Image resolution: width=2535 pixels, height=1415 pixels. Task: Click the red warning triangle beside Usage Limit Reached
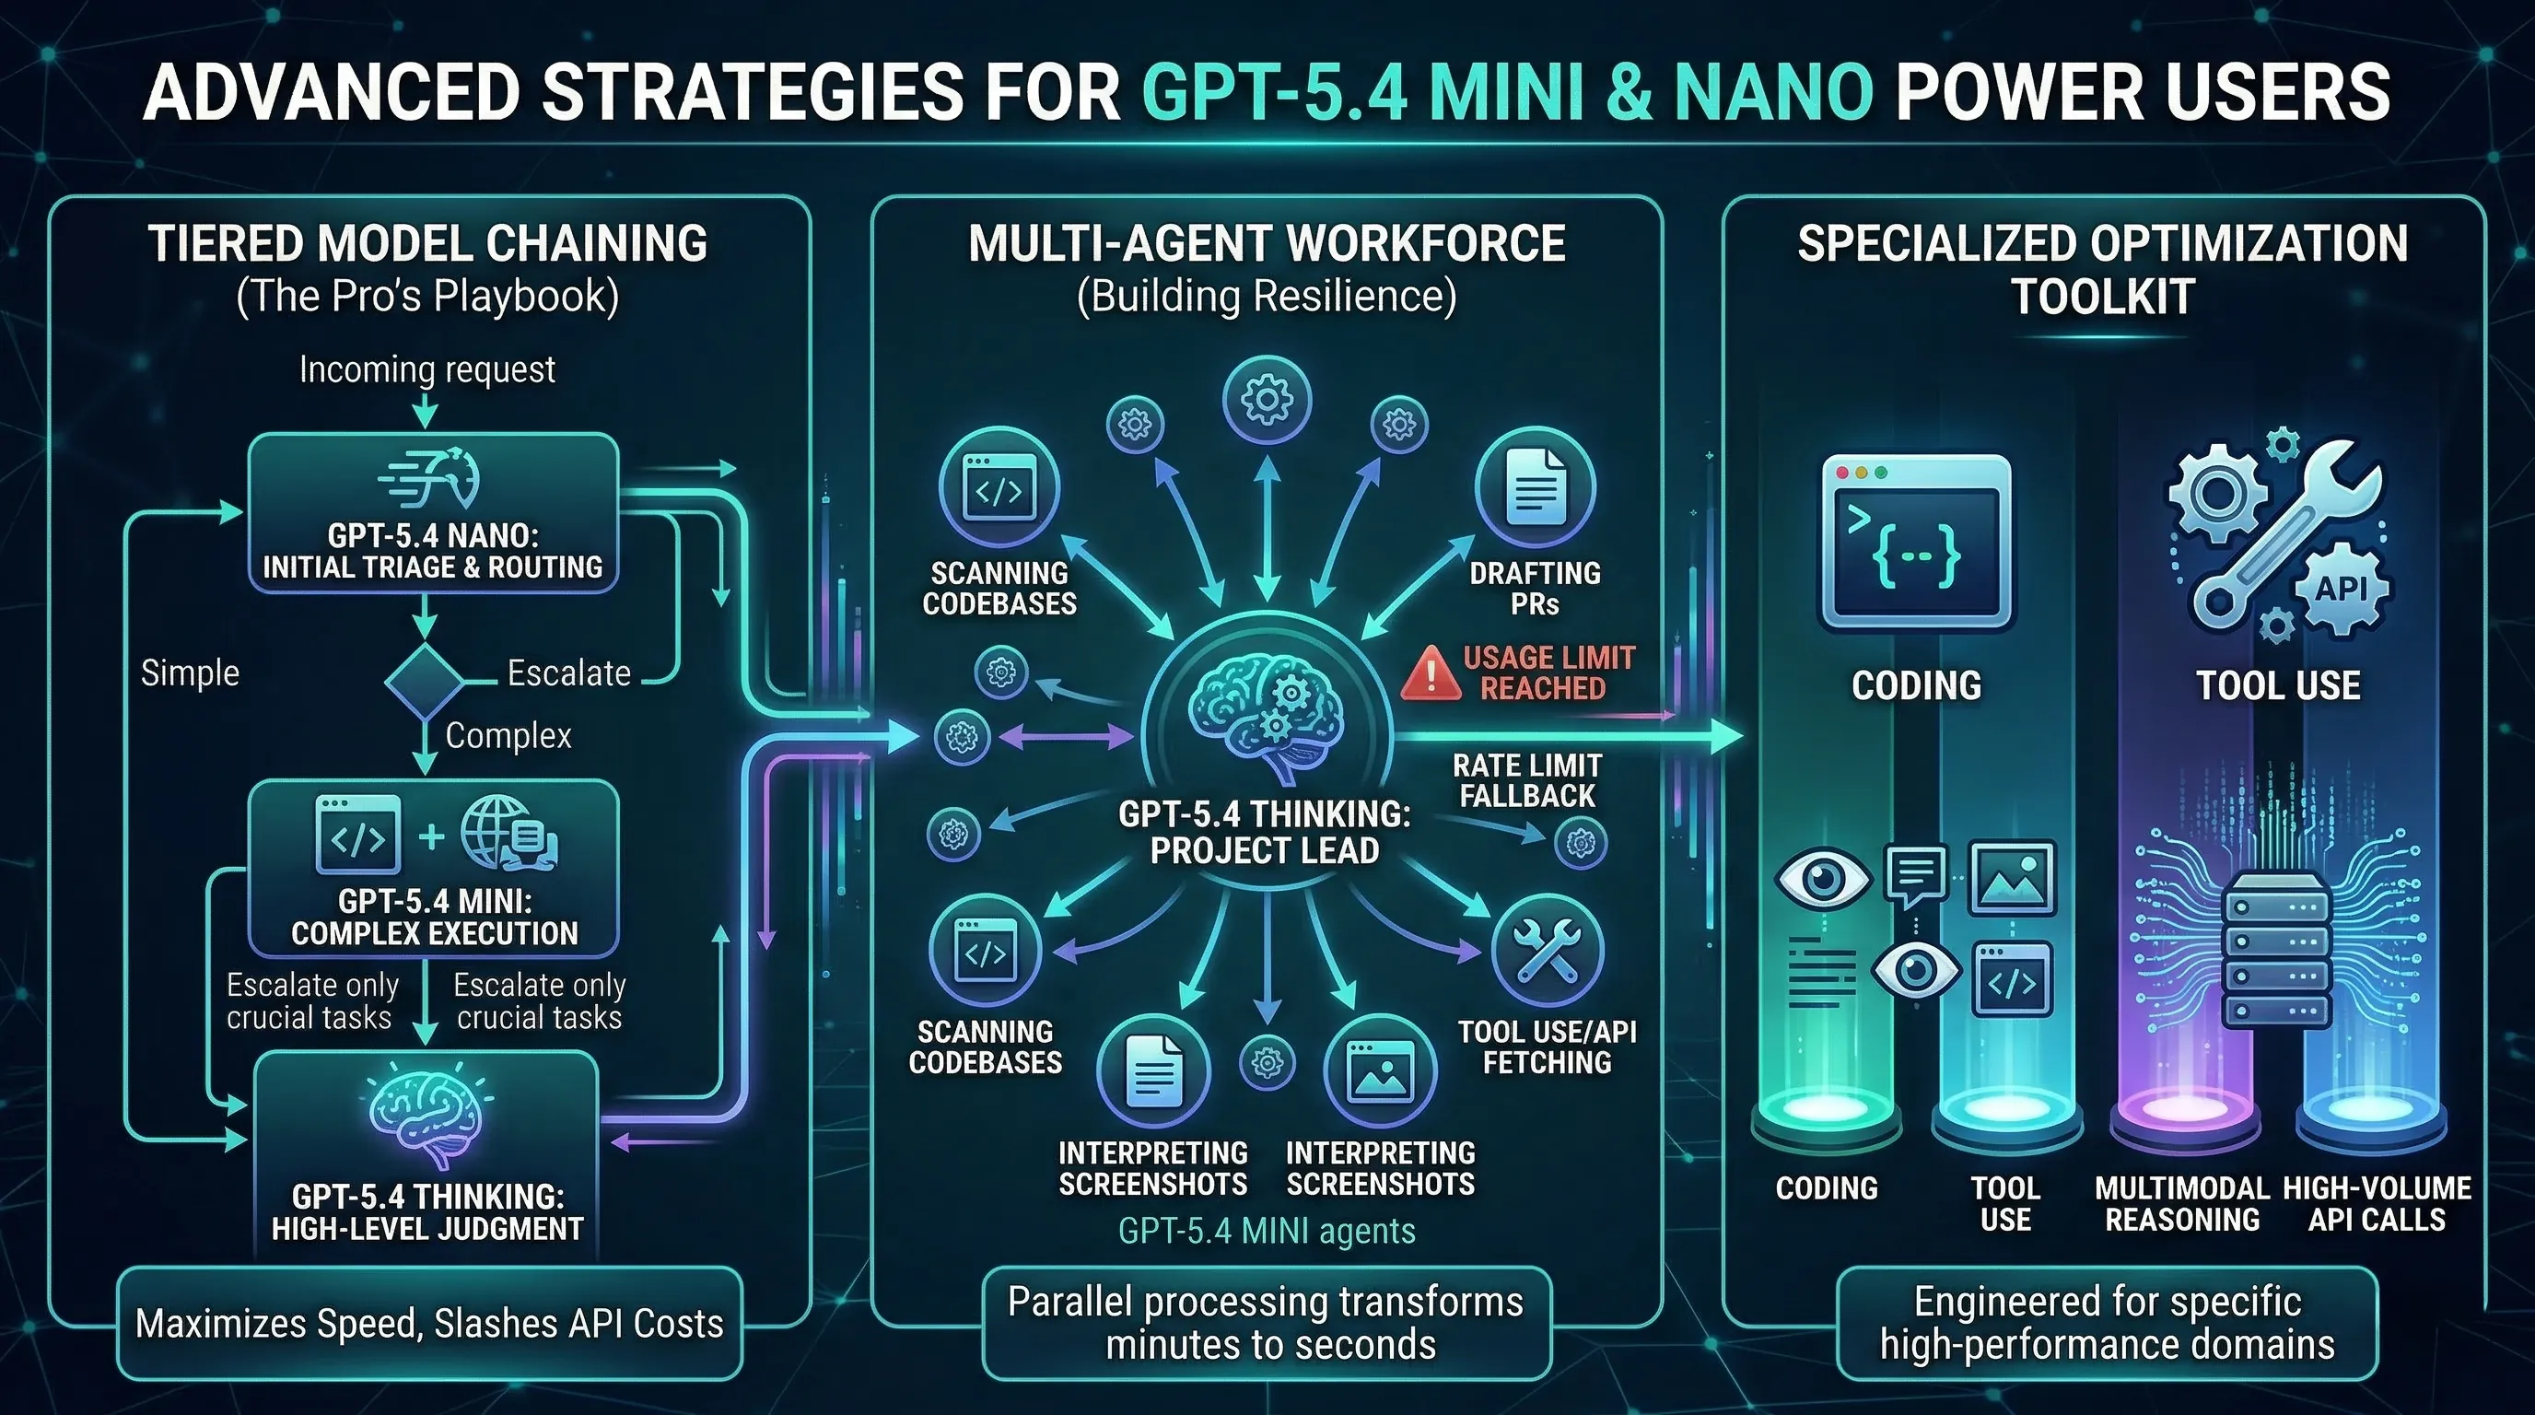[x=1430, y=674]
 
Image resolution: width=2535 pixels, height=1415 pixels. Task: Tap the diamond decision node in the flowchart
[x=423, y=681]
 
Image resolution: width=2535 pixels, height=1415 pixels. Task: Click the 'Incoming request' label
[x=427, y=370]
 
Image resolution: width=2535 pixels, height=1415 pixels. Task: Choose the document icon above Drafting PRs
[x=1535, y=487]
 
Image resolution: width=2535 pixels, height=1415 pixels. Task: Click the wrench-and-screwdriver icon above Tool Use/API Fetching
[x=1547, y=951]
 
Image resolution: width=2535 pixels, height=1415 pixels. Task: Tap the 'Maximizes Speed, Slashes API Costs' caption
[x=429, y=1324]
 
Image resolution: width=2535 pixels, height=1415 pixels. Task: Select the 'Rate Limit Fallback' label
[x=1527, y=780]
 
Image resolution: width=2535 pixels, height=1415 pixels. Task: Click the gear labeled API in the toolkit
[x=2342, y=590]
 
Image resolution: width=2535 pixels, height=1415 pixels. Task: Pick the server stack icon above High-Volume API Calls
[x=2276, y=951]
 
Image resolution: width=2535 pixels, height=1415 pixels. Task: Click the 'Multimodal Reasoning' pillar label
[x=2181, y=1203]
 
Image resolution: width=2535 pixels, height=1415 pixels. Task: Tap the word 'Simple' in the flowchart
[x=190, y=673]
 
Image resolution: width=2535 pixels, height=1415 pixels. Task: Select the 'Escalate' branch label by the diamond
[x=568, y=673]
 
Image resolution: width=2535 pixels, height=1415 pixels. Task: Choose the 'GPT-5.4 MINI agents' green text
[x=1267, y=1231]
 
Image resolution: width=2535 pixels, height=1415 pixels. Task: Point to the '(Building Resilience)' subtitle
[x=1267, y=297]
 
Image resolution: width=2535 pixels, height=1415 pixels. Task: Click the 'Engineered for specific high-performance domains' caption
[x=2107, y=1323]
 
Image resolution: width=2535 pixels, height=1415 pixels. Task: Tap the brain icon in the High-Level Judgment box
[x=426, y=1115]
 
